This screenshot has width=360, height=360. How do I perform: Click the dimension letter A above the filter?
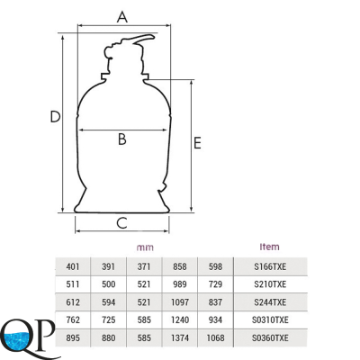122,17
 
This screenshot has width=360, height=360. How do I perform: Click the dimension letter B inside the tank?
122,139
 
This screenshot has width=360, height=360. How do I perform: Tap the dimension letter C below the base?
122,223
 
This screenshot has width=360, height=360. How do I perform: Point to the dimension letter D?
55,117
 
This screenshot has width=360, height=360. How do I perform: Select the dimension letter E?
197,143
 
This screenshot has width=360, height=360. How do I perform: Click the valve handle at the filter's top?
143,39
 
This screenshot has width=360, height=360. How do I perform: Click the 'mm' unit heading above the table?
145,247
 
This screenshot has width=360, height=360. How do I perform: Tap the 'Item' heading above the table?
269,247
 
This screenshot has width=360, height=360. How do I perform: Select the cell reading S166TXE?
270,266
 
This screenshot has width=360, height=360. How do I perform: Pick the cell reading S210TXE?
270,284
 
